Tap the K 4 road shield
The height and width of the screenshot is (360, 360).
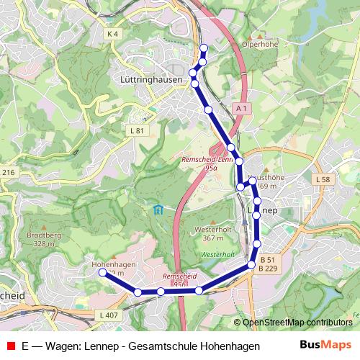[111, 33]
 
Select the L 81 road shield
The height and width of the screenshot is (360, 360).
[138, 130]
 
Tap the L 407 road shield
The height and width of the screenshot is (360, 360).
[108, 315]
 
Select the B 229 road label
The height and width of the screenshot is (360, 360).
[268, 268]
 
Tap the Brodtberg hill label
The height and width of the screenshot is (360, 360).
[41, 235]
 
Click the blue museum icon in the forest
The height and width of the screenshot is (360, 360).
[158, 210]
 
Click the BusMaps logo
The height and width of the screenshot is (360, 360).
[325, 345]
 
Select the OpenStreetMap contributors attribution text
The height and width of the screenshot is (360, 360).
[297, 323]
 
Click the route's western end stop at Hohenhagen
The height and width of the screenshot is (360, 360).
[102, 274]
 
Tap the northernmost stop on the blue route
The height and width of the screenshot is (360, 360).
[204, 48]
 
